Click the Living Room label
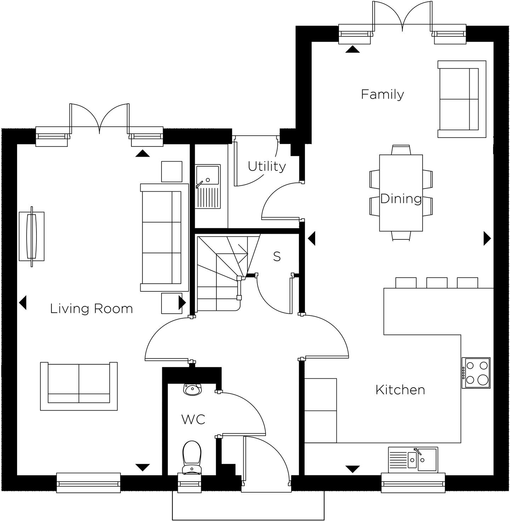coord(91,309)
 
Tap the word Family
coord(382,94)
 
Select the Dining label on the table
coord(401,199)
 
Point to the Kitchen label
coord(400,390)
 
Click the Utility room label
coord(266,166)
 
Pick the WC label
coord(193,419)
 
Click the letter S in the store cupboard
coord(277,256)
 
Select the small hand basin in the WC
coord(192,389)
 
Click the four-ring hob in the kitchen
coord(476,373)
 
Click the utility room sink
coord(208,186)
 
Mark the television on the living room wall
coord(32,236)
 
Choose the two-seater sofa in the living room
coord(79,386)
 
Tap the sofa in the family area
coord(461,99)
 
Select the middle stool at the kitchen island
coord(437,283)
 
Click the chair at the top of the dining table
coord(401,150)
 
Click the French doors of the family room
coord(402,18)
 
